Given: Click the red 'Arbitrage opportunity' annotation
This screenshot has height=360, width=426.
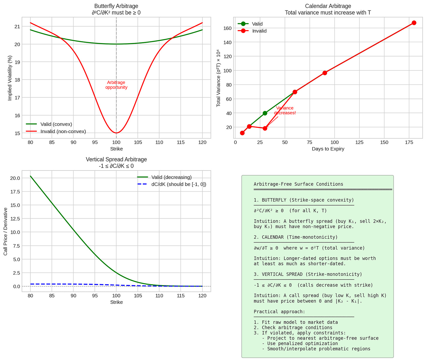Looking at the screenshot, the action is click(116, 85).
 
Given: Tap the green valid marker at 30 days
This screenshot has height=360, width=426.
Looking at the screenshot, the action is click(265, 113).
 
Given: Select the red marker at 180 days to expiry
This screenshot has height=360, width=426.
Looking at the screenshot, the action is click(414, 23).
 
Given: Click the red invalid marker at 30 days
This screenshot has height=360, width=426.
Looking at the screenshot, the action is click(265, 128).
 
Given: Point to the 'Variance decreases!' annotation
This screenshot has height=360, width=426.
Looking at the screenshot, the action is click(285, 110).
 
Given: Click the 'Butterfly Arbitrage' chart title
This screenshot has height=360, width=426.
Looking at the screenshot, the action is click(116, 6).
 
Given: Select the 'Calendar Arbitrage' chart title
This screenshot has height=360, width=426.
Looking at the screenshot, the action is click(328, 6).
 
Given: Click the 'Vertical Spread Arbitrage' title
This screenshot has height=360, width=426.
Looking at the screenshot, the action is click(116, 159).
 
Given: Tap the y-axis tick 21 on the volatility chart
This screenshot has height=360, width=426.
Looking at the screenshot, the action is click(17, 27).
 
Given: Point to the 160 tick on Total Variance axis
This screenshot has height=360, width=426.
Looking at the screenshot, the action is click(227, 28).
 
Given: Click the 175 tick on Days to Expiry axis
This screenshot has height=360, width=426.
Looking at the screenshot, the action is click(409, 142).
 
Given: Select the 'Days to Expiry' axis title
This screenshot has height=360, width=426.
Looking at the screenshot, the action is click(328, 149).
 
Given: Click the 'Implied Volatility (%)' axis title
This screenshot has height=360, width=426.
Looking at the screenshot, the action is click(10, 78).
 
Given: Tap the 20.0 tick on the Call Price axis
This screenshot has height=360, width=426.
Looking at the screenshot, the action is click(15, 178).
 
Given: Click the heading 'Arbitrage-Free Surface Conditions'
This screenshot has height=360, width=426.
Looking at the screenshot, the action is click(298, 184).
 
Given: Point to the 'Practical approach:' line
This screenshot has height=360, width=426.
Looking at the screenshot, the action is click(279, 312).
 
